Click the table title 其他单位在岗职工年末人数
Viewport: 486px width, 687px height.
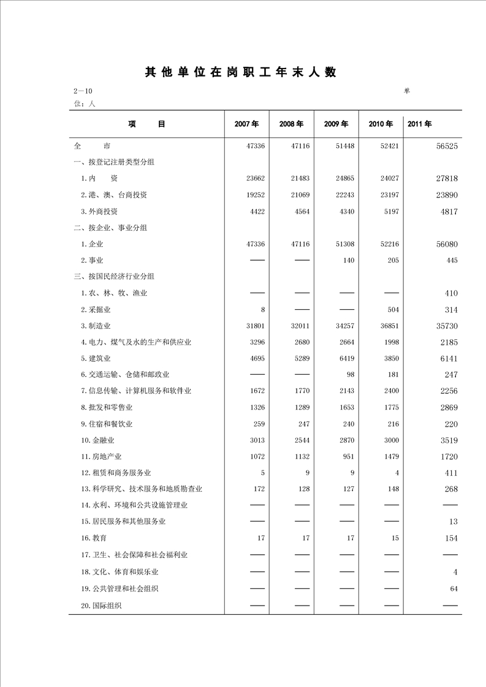tap(241, 72)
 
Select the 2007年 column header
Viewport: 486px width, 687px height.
tap(246, 124)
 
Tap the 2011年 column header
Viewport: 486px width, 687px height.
tap(419, 124)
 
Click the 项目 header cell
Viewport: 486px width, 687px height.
tap(146, 124)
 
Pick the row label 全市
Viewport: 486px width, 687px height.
tap(92, 146)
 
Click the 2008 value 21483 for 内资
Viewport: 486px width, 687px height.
tap(300, 179)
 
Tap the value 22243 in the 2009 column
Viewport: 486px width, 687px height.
tap(345, 195)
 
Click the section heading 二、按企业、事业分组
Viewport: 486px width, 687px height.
tap(110, 228)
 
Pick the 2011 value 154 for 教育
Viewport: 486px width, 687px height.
tap(450, 538)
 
